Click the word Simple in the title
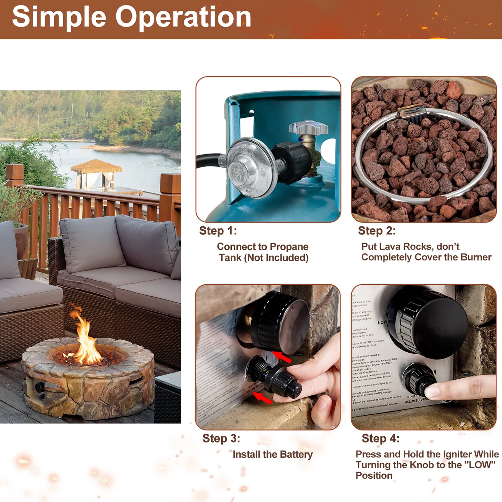(x=59, y=17)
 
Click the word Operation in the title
(x=183, y=17)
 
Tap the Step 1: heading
(x=218, y=231)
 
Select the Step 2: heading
(x=377, y=231)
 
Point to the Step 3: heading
(x=221, y=438)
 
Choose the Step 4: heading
(x=380, y=438)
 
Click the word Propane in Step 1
(x=289, y=247)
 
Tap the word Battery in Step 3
(x=296, y=454)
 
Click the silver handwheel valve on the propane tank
(x=308, y=127)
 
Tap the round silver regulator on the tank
(x=247, y=167)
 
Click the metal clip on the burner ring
(x=412, y=114)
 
